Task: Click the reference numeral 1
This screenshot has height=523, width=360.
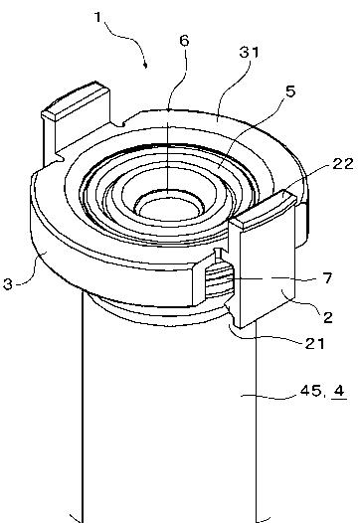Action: (97, 17)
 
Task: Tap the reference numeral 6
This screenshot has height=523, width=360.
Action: (184, 41)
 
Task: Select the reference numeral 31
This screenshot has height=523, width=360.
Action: (250, 53)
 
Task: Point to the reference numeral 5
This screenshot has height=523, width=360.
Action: (290, 91)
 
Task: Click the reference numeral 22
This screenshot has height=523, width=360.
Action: (343, 163)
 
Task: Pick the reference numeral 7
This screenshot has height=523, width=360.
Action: (328, 277)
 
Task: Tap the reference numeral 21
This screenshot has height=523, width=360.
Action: (314, 343)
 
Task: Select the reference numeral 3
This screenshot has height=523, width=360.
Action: (8, 284)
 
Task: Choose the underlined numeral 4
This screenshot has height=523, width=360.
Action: (339, 391)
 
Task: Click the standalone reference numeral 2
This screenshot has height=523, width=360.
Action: (328, 317)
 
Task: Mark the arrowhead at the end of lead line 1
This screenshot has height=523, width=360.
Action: (145, 65)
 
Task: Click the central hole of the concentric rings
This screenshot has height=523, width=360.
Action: (168, 211)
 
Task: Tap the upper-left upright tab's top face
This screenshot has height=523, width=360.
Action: (75, 100)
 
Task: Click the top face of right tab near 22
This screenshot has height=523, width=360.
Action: (264, 210)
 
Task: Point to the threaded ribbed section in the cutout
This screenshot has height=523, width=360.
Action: (217, 279)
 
